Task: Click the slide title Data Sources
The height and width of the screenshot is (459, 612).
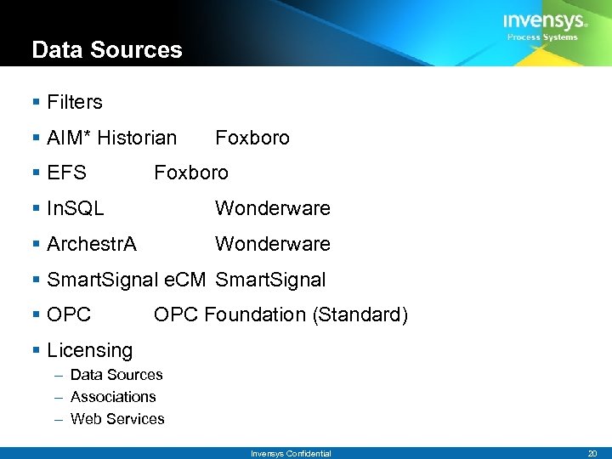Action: (107, 49)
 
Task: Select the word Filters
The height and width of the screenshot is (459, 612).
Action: (75, 103)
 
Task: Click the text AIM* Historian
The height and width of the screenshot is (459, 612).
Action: (112, 138)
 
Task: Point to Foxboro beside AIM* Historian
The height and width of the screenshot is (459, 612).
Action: (252, 138)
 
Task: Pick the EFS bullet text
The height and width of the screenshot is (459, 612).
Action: (67, 173)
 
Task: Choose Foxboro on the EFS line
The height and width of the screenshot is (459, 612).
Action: (191, 173)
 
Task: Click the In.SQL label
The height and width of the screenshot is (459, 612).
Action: (76, 208)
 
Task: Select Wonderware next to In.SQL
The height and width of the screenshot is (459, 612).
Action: (273, 208)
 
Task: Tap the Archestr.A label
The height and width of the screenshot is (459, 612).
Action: (92, 244)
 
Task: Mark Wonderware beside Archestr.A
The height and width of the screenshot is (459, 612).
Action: (273, 244)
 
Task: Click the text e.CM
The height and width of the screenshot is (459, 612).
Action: (184, 280)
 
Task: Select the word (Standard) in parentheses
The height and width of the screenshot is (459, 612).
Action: (360, 315)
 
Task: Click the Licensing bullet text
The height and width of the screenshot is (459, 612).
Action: (90, 350)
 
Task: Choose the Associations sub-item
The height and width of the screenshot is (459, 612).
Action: (113, 397)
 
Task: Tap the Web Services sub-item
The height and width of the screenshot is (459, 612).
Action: (117, 419)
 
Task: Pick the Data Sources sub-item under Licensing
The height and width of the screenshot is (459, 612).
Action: (116, 375)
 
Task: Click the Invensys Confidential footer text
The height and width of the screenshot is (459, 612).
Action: (291, 454)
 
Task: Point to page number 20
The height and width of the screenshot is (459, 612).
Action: (593, 454)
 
